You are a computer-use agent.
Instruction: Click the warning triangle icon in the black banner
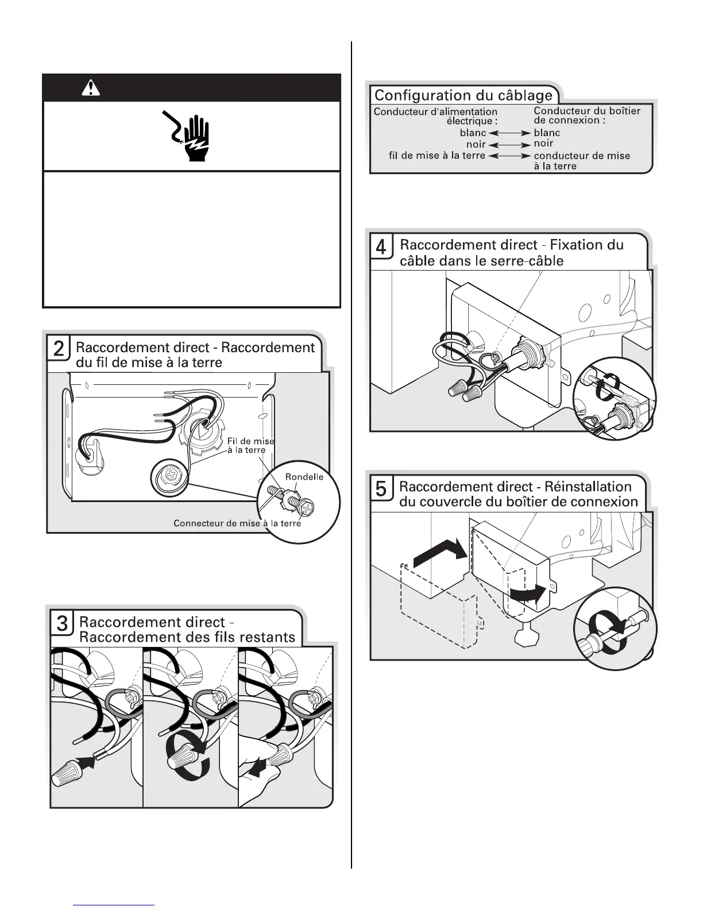click(x=91, y=88)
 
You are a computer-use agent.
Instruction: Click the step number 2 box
click(x=59, y=349)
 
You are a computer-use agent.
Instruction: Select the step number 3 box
click(x=61, y=623)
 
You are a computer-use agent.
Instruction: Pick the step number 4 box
click(x=381, y=247)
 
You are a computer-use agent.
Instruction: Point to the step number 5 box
click(x=381, y=488)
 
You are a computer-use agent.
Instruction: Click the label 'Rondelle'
click(x=304, y=477)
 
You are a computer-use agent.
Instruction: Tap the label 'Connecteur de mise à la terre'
click(x=237, y=523)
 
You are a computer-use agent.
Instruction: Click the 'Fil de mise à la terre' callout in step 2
click(x=250, y=445)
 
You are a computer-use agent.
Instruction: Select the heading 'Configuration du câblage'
click(x=463, y=95)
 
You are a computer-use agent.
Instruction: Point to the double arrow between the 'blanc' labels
click(x=509, y=133)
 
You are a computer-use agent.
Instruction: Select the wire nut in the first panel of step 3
click(x=68, y=773)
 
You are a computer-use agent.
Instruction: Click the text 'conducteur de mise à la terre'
click(x=581, y=161)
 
